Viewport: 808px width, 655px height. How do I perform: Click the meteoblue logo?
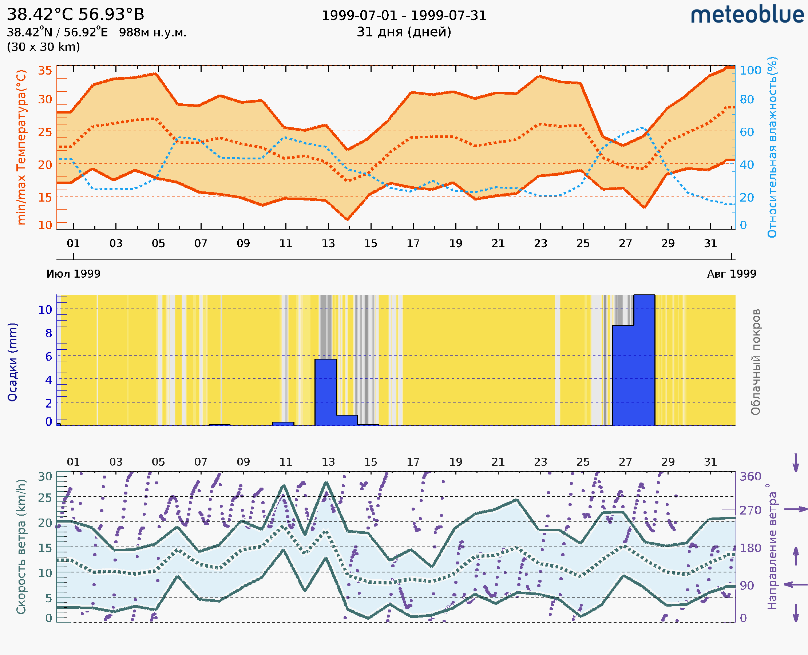click(747, 15)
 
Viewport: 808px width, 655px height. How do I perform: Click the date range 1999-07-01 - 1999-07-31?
click(404, 16)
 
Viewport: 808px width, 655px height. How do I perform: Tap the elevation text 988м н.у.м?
click(153, 32)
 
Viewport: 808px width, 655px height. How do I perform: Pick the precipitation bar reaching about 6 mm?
click(325, 392)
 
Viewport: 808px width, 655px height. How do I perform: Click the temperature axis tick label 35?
click(45, 71)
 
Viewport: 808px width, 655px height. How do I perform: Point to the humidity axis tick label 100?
click(750, 71)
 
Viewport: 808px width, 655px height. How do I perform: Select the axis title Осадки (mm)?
click(12, 362)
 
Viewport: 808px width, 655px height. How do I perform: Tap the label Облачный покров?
click(755, 362)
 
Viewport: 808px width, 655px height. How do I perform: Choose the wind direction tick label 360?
click(750, 477)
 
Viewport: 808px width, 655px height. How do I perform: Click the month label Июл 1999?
click(73, 274)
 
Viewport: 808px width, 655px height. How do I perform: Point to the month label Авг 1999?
click(732, 274)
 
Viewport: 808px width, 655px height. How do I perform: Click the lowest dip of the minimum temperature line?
click(347, 219)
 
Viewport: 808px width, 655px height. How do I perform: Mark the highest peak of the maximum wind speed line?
click(326, 482)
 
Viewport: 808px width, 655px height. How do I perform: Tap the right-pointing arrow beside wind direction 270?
click(796, 509)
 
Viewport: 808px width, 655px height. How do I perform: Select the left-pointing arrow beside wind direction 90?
click(796, 584)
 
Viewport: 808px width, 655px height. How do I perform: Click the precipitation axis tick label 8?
click(49, 333)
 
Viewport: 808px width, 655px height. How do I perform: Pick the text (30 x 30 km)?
click(43, 47)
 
